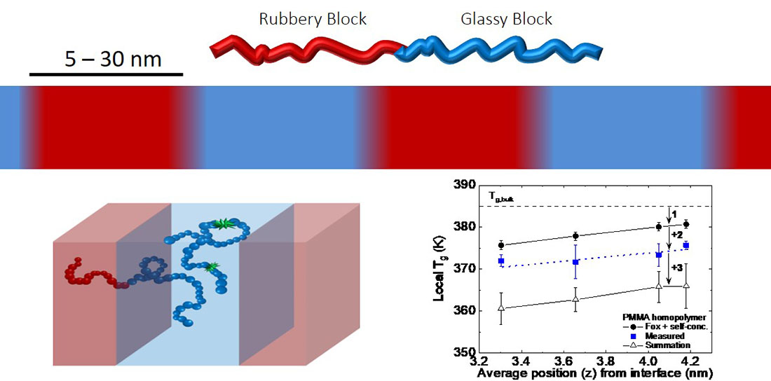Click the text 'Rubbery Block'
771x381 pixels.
[x=313, y=18]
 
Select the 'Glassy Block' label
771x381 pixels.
[x=506, y=18]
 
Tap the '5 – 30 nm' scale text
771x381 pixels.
[x=113, y=59]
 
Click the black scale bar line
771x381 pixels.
[x=106, y=74]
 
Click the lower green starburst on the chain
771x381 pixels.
[x=211, y=266]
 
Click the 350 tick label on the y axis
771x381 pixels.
[x=465, y=352]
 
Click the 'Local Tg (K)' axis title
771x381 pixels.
[x=439, y=269]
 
